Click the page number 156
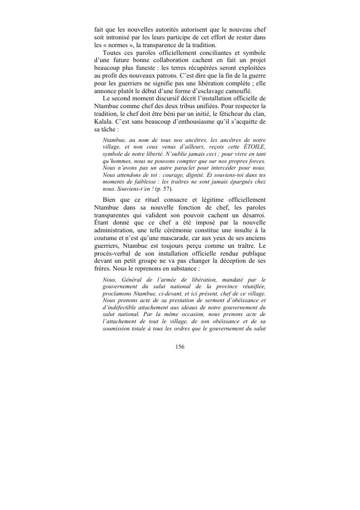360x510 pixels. click(x=179, y=347)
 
